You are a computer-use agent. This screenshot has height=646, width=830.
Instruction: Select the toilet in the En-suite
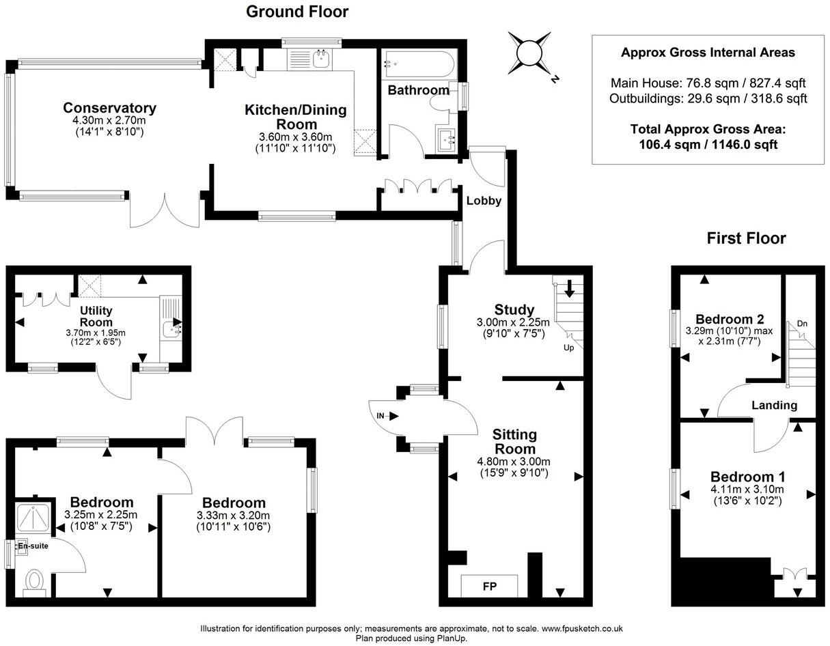pos(33,581)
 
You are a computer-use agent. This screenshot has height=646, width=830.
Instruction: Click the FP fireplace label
pos(489,586)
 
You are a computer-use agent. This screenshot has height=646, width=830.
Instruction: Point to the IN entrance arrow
pos(381,415)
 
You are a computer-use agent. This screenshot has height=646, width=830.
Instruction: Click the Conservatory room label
pos(109,108)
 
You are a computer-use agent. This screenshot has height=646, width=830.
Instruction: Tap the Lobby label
pos(484,201)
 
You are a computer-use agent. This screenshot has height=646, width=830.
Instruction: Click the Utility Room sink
pos(171,329)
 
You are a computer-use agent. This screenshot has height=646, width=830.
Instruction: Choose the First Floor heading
pos(746,238)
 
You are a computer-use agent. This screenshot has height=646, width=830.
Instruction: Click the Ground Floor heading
pos(296,12)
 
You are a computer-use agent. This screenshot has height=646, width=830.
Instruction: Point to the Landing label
pos(774,405)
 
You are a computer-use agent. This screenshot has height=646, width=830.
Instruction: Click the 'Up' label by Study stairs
pos(568,348)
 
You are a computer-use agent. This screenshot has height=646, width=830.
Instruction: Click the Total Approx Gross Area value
pos(708,144)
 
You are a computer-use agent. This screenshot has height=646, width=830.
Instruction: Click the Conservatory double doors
pos(165,211)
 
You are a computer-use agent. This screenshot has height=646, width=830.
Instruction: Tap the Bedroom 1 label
pos(747,477)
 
